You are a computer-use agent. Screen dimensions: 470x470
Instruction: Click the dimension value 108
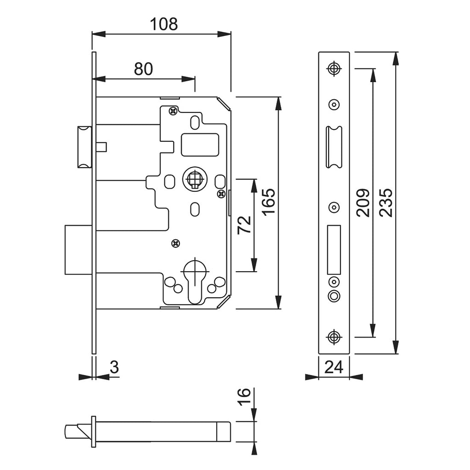[164, 24]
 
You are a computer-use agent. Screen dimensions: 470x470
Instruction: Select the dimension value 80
[143, 69]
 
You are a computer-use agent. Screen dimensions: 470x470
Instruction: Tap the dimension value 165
[269, 201]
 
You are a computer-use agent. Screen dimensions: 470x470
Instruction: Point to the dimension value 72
[244, 225]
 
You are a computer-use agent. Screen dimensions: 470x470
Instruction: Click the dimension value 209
[363, 202]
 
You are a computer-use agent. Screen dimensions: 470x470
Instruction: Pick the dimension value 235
[386, 202]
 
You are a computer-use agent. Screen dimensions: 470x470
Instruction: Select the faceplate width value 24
[334, 367]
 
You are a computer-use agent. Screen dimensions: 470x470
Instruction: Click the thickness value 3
[114, 367]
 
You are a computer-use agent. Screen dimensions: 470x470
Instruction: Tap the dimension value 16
[244, 397]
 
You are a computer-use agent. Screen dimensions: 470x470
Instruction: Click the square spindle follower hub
[195, 179]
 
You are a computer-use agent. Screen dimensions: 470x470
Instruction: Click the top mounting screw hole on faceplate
[334, 68]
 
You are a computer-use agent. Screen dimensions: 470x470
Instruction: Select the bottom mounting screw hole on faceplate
[334, 337]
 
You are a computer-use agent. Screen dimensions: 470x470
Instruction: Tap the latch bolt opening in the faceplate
[334, 147]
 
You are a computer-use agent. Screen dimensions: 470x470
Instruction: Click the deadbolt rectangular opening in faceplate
[334, 250]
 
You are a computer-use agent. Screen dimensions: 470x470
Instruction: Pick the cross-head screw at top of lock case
[173, 111]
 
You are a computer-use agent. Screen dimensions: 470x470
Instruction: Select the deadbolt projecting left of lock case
[78, 250]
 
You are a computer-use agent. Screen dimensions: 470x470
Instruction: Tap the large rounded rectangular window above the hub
[200, 145]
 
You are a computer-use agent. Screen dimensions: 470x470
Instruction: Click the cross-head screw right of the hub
[221, 194]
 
